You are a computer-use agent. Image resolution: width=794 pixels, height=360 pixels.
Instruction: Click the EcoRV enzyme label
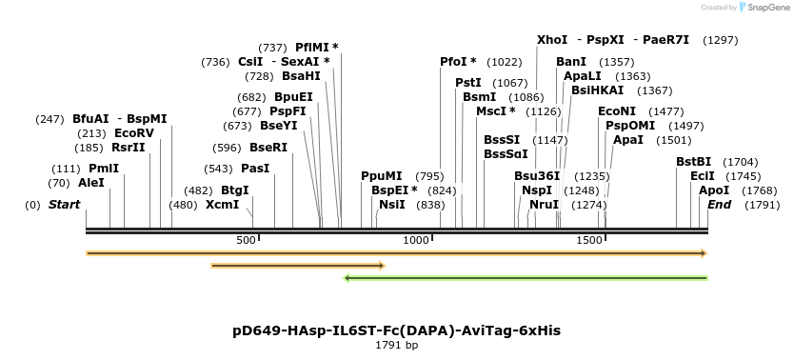[134, 133]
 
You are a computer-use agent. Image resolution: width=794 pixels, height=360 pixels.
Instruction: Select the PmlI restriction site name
[104, 169]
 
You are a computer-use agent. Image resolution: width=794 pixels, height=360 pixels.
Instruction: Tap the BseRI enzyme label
[268, 148]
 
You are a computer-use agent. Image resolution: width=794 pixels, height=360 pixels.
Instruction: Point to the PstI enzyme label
[468, 82]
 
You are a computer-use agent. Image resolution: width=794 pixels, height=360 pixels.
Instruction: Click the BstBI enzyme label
[694, 162]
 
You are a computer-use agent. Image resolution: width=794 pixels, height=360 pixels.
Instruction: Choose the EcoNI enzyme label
[617, 110]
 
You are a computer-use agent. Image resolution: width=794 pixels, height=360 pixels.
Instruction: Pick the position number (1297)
[721, 40]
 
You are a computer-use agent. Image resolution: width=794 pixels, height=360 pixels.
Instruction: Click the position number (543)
[218, 169]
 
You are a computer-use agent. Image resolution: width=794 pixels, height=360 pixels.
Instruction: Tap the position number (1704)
[741, 162]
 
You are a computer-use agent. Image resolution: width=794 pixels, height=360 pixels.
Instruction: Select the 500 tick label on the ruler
[246, 240]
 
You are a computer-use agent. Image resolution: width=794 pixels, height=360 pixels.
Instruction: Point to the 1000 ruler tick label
[416, 240]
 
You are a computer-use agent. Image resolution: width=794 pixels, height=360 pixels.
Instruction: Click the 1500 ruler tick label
[589, 240]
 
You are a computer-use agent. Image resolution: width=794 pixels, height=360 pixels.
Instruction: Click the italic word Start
[65, 205]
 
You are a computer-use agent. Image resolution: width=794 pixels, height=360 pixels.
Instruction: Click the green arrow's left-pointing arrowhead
[347, 278]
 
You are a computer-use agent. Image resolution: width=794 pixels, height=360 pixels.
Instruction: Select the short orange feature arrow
[298, 266]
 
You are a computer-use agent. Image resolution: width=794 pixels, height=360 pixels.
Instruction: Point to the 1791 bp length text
[396, 346]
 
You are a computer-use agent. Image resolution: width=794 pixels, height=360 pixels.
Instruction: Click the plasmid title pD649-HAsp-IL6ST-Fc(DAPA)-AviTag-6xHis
[396, 330]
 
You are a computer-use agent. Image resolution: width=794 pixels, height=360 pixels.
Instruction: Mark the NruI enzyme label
[545, 205]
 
